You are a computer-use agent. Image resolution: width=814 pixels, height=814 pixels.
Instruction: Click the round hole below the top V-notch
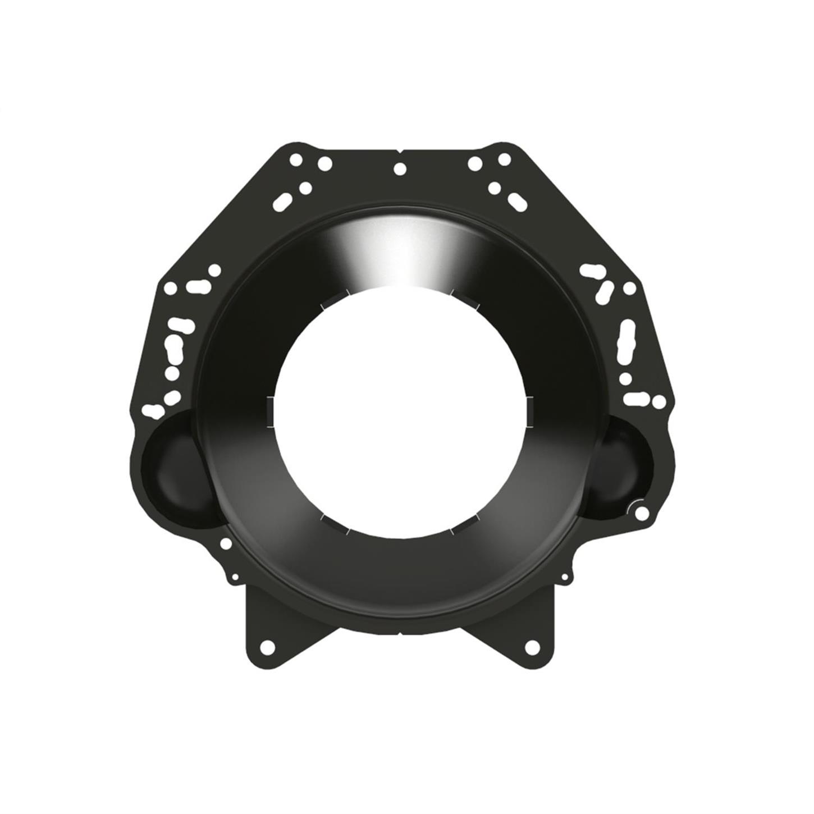click(x=400, y=168)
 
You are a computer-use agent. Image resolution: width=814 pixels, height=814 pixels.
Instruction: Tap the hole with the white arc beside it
click(x=643, y=512)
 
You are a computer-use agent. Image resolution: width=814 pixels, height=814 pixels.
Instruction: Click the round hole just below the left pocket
click(x=225, y=543)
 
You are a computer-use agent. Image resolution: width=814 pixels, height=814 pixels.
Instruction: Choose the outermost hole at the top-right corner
click(x=504, y=159)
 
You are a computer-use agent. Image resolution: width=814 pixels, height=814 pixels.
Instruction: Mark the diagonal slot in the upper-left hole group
click(x=283, y=200)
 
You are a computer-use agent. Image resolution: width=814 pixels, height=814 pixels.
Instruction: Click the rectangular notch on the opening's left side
click(x=269, y=411)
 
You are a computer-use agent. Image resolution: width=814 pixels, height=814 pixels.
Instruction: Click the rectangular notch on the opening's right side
click(x=529, y=411)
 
